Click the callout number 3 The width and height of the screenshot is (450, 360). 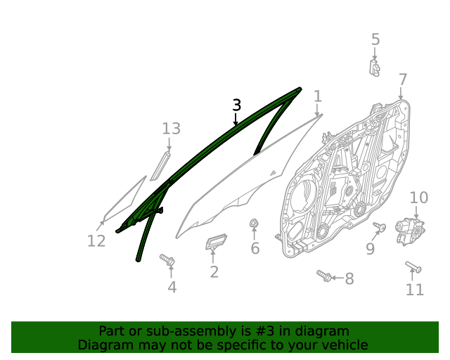click(x=237, y=105)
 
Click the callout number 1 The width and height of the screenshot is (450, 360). click(x=318, y=96)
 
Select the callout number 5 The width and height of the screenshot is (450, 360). click(x=375, y=39)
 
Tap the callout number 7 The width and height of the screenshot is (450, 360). click(x=402, y=79)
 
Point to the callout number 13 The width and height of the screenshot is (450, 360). click(x=172, y=129)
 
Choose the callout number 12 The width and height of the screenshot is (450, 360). click(x=96, y=241)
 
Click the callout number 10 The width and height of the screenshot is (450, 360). click(x=418, y=198)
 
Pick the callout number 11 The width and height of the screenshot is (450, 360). click(x=415, y=289)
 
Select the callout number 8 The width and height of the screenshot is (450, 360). click(x=349, y=279)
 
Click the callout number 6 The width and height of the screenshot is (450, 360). click(x=255, y=248)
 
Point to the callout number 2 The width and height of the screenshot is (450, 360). click(x=214, y=271)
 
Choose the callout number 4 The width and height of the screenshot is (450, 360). click(x=172, y=286)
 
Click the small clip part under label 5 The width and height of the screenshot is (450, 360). click(x=375, y=67)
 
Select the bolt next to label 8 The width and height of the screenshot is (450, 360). click(x=324, y=275)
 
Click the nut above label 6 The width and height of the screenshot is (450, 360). click(x=254, y=224)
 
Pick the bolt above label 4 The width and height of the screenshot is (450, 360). click(x=167, y=261)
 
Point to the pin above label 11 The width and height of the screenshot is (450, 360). click(x=413, y=266)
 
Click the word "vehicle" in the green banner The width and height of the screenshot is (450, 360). click(x=341, y=345)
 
